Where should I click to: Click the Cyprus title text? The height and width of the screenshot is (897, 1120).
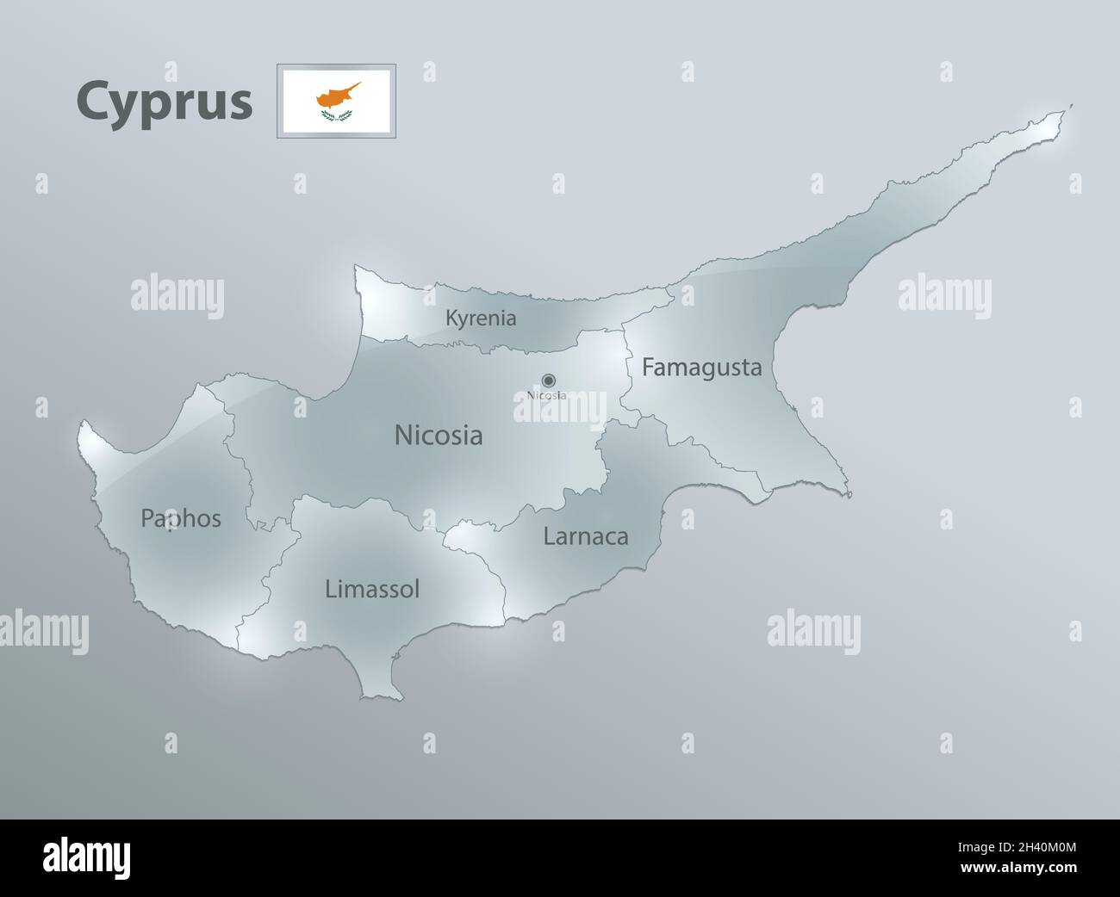[165, 102]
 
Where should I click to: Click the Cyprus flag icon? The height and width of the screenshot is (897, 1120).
[336, 101]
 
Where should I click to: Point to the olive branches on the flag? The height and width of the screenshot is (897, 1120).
[336, 115]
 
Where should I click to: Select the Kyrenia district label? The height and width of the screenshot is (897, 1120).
[481, 319]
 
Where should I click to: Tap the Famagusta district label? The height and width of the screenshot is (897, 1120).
[701, 368]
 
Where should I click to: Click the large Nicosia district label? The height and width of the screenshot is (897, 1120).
[438, 436]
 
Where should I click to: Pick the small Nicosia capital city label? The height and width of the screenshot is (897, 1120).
[546, 396]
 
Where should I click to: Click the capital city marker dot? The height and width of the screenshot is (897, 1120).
[548, 380]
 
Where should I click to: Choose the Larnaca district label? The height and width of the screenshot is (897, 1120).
[585, 536]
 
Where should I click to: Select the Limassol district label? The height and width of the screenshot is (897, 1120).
[372, 589]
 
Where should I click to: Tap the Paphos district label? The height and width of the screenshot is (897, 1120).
[181, 518]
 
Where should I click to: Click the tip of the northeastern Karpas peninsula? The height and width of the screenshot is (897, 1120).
[1068, 108]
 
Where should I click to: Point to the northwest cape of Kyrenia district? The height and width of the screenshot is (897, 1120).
[359, 270]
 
